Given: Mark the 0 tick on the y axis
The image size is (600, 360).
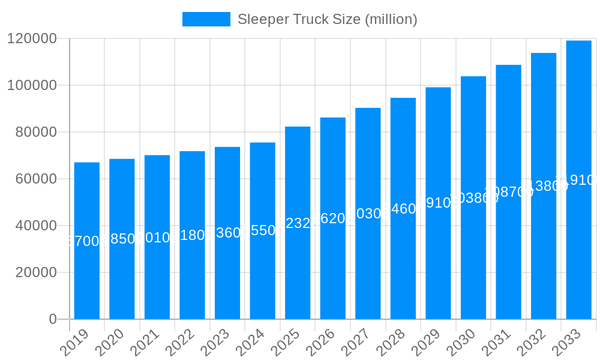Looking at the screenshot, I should pos(53,319).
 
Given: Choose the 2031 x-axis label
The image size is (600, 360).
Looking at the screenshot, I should pos(496,343).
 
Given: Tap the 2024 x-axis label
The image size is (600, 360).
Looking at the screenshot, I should pos(250,343).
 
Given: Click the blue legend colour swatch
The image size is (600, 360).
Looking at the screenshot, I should pos(206,19).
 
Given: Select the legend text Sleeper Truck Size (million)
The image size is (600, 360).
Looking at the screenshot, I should pos(327,19).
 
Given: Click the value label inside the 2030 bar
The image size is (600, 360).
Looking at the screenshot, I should pos(473,198).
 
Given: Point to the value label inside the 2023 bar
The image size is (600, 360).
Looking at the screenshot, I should pos(227,233).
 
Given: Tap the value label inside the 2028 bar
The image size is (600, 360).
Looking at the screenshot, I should pos(403,209).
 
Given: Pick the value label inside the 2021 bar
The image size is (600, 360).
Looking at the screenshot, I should pos(157,238).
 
